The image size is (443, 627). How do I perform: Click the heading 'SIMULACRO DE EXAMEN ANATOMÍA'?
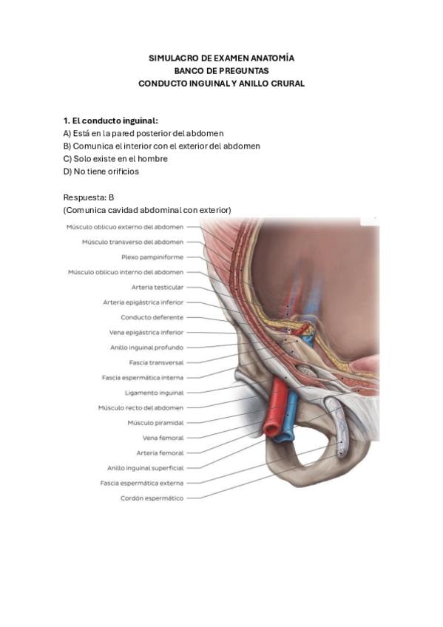pyautogui.click(x=222, y=58)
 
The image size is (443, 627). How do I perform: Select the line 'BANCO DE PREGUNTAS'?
pyautogui.click(x=222, y=71)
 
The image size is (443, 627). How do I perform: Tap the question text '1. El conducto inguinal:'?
pyautogui.click(x=111, y=121)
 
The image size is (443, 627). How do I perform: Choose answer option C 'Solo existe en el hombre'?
pyautogui.click(x=115, y=159)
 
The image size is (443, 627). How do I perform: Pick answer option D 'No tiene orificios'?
pyautogui.click(x=101, y=172)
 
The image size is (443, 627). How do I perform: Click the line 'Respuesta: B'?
pyautogui.click(x=89, y=197)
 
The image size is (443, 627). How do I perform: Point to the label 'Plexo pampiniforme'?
pyautogui.click(x=152, y=257)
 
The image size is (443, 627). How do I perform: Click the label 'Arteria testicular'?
pyautogui.click(x=158, y=287)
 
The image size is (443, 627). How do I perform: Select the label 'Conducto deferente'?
pyautogui.click(x=152, y=317)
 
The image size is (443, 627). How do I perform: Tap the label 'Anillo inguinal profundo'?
pyautogui.click(x=146, y=348)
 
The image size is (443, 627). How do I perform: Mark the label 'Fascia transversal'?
pyautogui.click(x=156, y=363)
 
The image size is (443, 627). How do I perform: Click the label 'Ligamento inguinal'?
pyautogui.click(x=155, y=393)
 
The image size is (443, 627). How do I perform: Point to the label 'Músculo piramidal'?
pyautogui.click(x=155, y=423)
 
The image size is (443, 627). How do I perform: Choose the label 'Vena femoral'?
pyautogui.click(x=163, y=438)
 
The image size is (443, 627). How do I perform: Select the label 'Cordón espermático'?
pyautogui.click(x=152, y=498)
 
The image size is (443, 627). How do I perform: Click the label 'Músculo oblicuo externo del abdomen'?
pyautogui.click(x=125, y=227)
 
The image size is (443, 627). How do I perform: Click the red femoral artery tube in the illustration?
pyautogui.click(x=276, y=408)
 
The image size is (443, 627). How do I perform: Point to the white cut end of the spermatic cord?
pyautogui.click(x=341, y=453)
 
